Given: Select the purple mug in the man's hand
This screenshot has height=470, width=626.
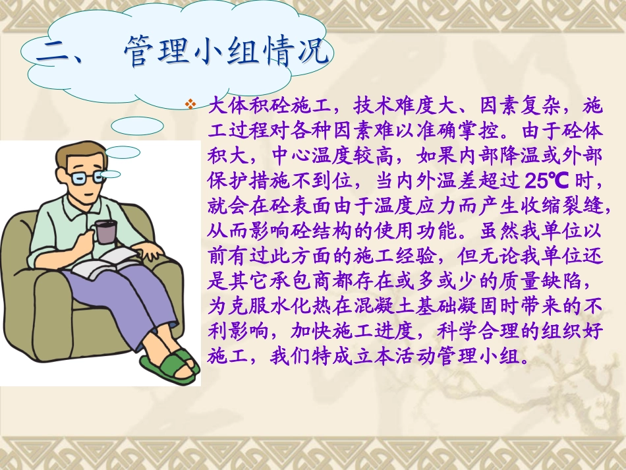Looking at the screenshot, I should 105,231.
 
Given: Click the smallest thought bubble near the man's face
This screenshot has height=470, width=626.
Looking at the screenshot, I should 111,174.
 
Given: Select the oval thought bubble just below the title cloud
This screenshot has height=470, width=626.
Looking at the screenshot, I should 137,126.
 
